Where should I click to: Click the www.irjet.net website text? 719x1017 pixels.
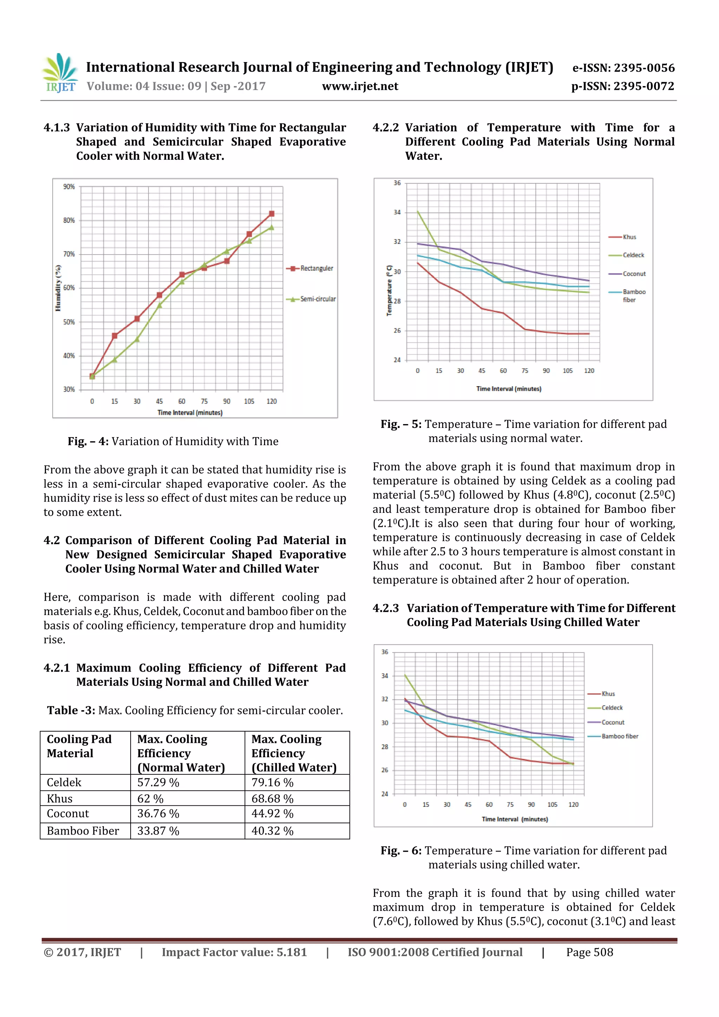(360, 86)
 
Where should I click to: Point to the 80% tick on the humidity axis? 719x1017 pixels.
(69, 220)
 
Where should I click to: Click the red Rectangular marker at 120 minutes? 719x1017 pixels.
(272, 213)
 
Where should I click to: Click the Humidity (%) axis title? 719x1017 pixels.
(58, 288)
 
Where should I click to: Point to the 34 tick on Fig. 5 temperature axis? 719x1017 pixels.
(397, 212)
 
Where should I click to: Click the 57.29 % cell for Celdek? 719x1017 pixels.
(158, 782)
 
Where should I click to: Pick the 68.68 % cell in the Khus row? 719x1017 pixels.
(272, 799)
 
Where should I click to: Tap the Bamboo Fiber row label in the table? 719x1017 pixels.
(83, 831)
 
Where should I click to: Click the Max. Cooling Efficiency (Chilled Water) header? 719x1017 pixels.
(294, 753)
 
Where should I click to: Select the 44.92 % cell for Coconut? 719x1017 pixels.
(272, 814)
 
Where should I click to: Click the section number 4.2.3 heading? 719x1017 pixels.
(385, 608)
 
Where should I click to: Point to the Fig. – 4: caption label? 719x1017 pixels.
(88, 441)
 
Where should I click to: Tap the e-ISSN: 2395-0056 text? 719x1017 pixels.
(623, 68)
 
